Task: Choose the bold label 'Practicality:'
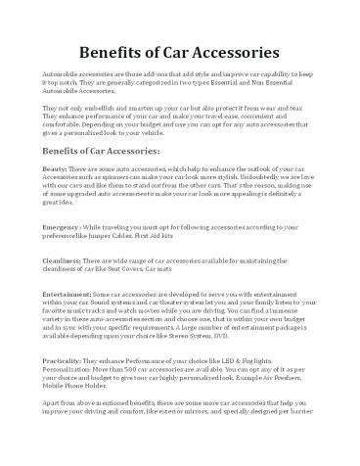tap(64, 362)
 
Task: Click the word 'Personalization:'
tap(66, 370)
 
